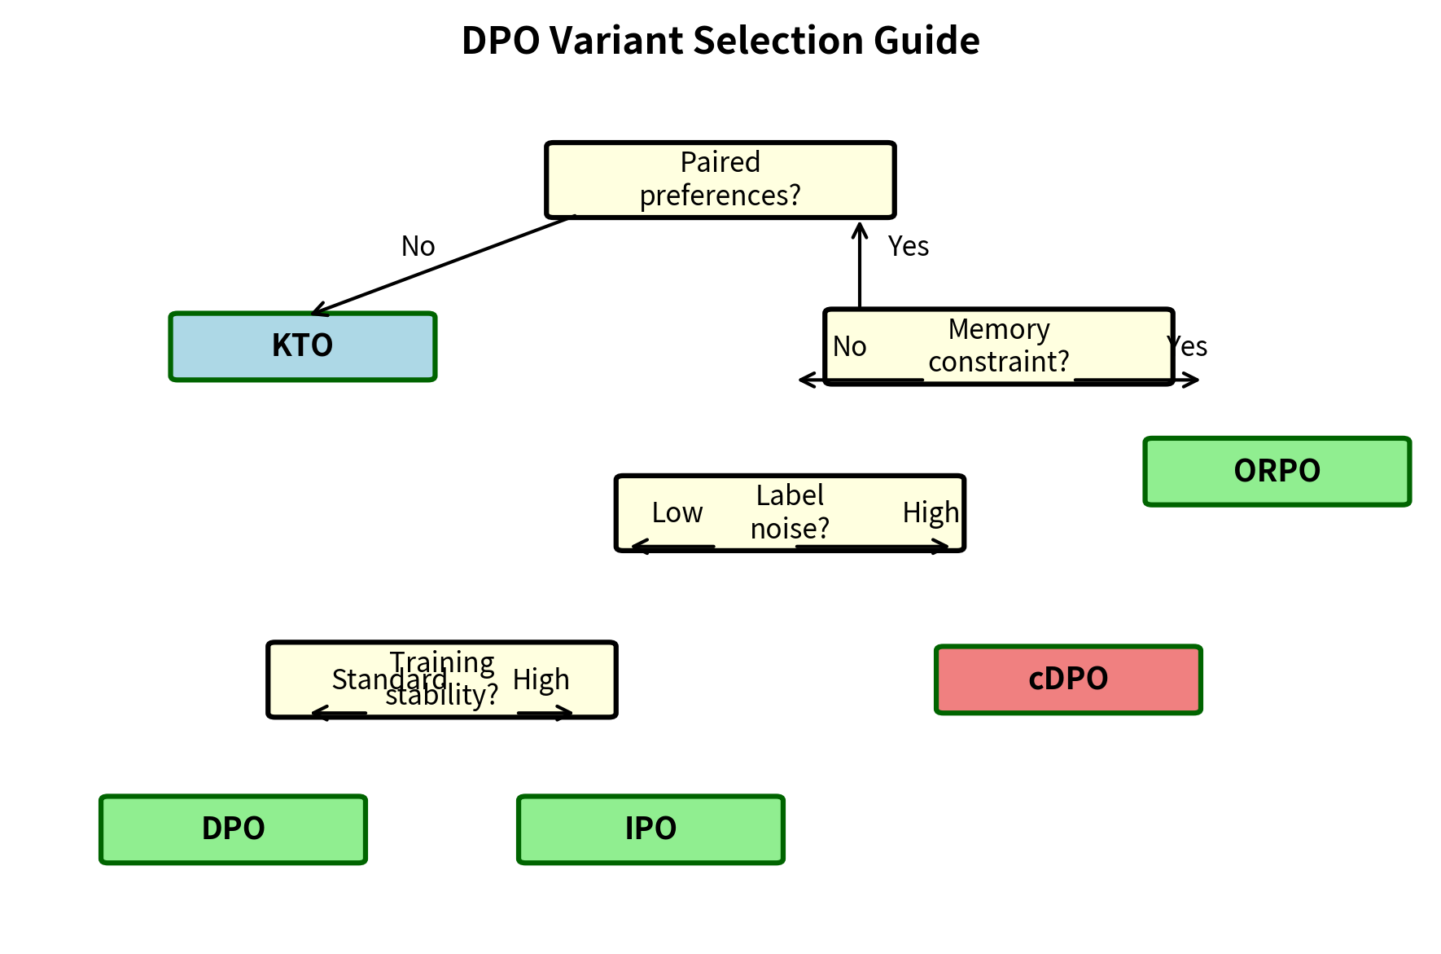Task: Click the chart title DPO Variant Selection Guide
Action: [x=720, y=41]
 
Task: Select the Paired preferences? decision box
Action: [x=720, y=179]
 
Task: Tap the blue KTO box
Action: [x=302, y=346]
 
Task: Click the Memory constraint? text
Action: [x=999, y=345]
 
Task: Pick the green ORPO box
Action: [x=1277, y=472]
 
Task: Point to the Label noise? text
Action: [x=790, y=512]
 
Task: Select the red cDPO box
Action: [x=1068, y=679]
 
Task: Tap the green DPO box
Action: [x=233, y=829]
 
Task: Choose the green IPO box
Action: [x=650, y=829]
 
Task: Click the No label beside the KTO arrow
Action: [x=418, y=246]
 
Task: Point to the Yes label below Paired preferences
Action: [x=908, y=246]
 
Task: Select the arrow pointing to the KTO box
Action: [x=444, y=265]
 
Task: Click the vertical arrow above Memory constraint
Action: [x=860, y=265]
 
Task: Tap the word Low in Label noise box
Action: [x=677, y=513]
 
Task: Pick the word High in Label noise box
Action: [x=930, y=513]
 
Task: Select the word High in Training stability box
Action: [x=541, y=679]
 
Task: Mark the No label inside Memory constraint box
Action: [x=849, y=347]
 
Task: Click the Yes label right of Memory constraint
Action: [x=1189, y=347]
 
